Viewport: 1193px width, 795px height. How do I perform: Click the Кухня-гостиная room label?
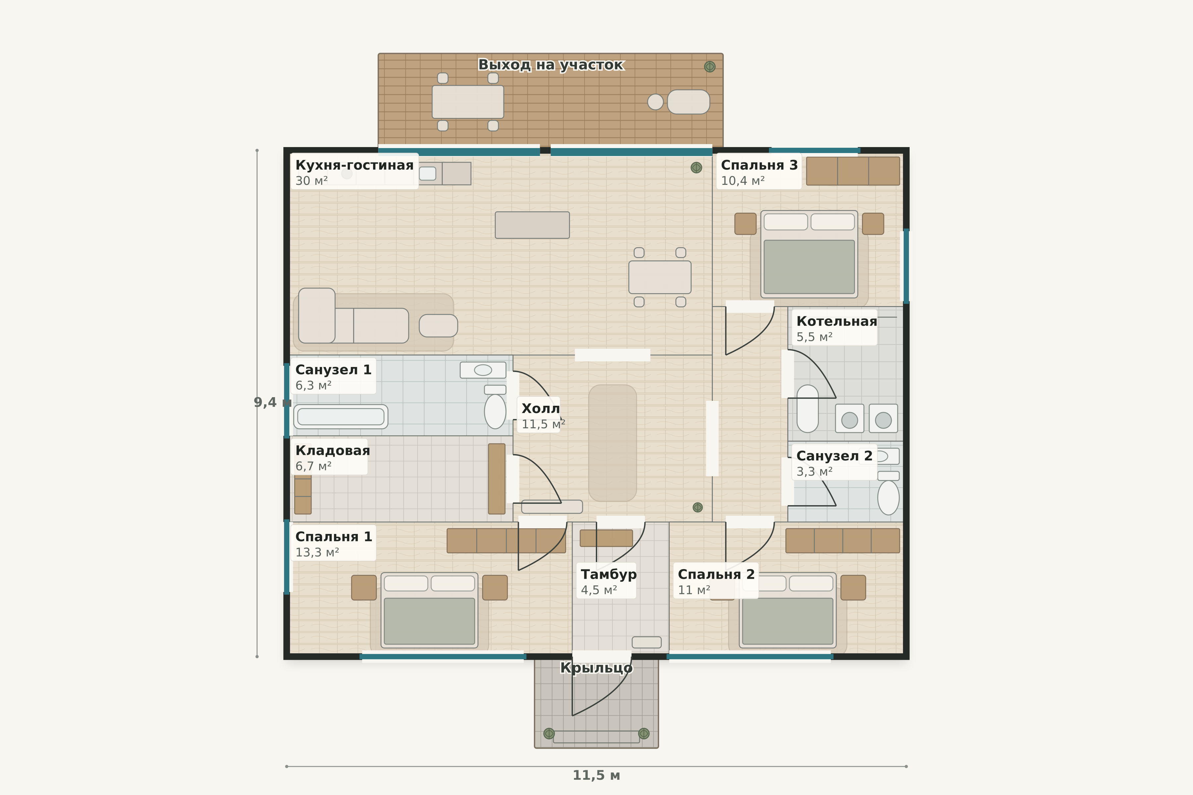(x=354, y=165)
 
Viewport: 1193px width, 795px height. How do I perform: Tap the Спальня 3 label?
(x=759, y=165)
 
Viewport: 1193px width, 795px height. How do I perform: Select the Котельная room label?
(x=836, y=321)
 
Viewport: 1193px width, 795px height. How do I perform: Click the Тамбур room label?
(x=608, y=574)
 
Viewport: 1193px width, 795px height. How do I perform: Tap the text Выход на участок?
(x=551, y=65)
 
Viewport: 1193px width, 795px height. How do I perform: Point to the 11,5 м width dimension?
(x=596, y=775)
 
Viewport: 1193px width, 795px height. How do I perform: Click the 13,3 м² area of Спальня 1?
(x=317, y=553)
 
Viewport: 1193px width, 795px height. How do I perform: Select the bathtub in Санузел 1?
(x=340, y=417)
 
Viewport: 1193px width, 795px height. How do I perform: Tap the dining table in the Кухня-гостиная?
(x=659, y=277)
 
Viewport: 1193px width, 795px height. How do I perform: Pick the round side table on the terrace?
(x=655, y=102)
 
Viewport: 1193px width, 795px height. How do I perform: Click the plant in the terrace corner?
(x=710, y=67)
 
